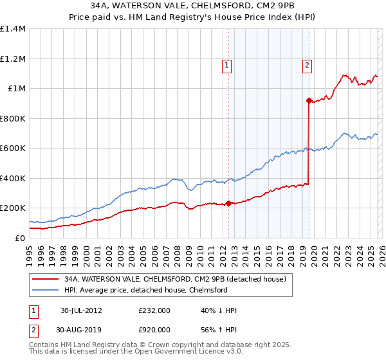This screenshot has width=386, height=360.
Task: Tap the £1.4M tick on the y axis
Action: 13,29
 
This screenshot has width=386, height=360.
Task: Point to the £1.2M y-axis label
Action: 13,59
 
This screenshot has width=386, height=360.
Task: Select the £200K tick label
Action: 13,208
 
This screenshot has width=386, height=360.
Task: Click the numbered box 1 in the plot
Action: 228,64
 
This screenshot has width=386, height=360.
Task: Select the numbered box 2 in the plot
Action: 308,64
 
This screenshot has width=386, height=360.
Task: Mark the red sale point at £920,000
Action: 309,100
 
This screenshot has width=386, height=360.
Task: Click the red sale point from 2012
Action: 228,204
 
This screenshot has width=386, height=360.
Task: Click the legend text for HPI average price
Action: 145,291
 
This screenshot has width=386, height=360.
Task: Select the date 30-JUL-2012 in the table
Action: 82,310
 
